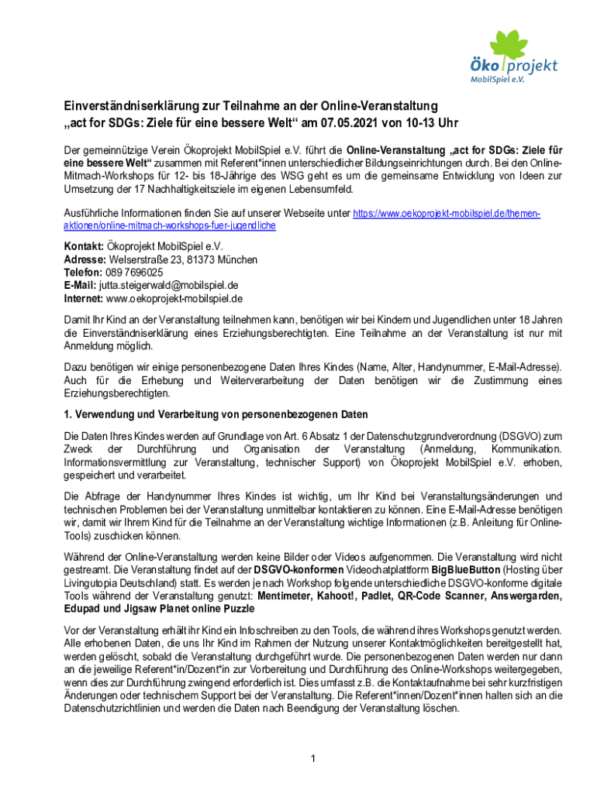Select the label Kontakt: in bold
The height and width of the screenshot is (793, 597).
(x=83, y=247)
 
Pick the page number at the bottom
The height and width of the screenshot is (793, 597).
(x=312, y=758)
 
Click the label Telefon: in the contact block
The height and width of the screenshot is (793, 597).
(x=82, y=273)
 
